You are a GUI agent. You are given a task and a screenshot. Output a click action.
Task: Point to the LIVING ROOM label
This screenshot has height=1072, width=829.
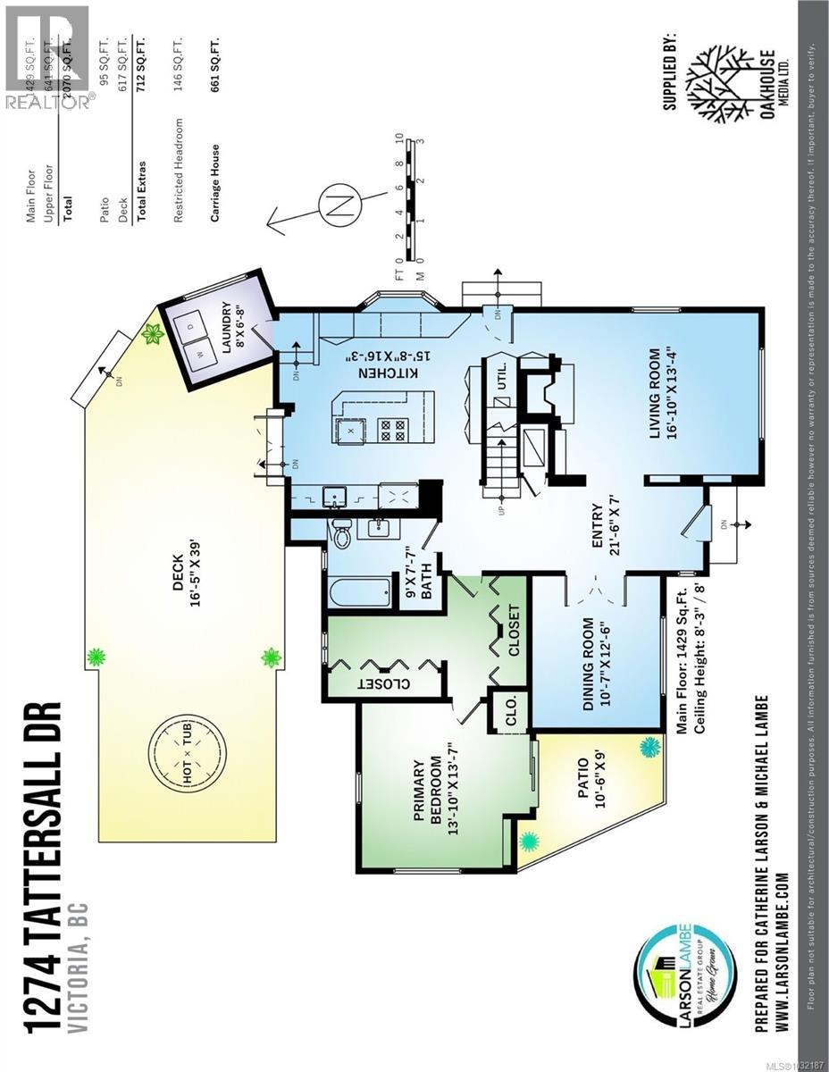(655, 394)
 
